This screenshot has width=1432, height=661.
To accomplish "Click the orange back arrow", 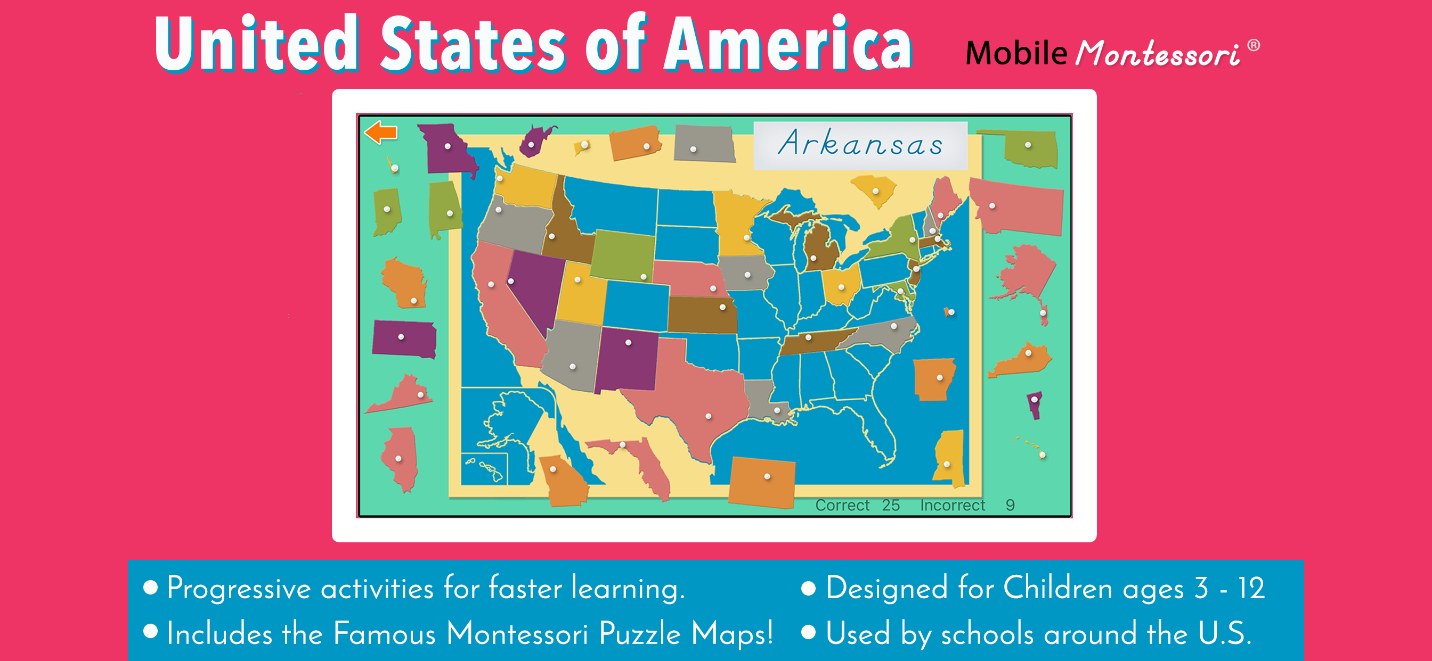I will (x=381, y=133).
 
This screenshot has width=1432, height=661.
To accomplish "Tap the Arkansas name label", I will (x=860, y=144).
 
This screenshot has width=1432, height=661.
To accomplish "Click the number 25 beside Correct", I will (x=891, y=505).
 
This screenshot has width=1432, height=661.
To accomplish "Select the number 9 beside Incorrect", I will (x=1010, y=505).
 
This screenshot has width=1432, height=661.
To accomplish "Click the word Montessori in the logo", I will (x=1158, y=54).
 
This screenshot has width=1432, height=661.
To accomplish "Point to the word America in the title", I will (x=787, y=44).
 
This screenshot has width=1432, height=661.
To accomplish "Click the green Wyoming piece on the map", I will (x=623, y=255).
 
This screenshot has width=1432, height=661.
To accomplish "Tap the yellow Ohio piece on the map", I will (x=841, y=284).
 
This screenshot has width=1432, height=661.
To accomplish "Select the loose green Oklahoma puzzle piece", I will (x=1031, y=149).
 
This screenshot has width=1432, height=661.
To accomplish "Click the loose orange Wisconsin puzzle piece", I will (x=405, y=283).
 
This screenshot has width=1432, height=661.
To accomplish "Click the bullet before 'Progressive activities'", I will (x=151, y=588).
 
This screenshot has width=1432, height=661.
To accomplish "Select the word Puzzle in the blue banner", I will (x=640, y=633).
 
